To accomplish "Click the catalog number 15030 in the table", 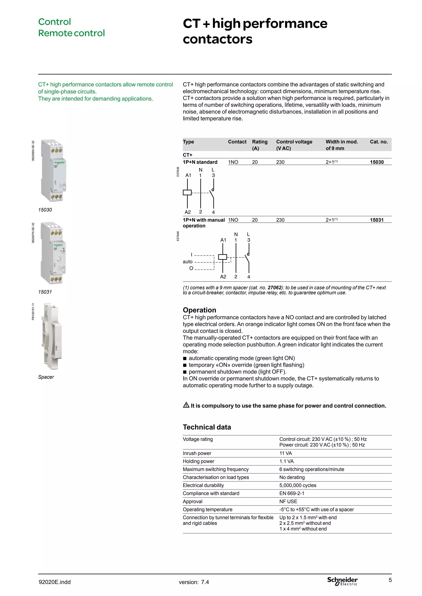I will [x=376, y=162].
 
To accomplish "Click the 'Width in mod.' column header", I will [x=341, y=142].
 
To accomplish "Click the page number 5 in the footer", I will [x=390, y=580].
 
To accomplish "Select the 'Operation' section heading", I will [x=199, y=310].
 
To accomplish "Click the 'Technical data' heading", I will [x=207, y=427].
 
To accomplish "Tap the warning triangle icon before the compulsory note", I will [x=186, y=405].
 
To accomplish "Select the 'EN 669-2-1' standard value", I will [x=292, y=493].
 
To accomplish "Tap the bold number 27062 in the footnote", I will [x=274, y=288].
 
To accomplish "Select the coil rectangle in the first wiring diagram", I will [x=187, y=192].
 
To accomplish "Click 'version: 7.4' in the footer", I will [x=194, y=582].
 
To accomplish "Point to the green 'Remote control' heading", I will [x=71, y=33].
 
